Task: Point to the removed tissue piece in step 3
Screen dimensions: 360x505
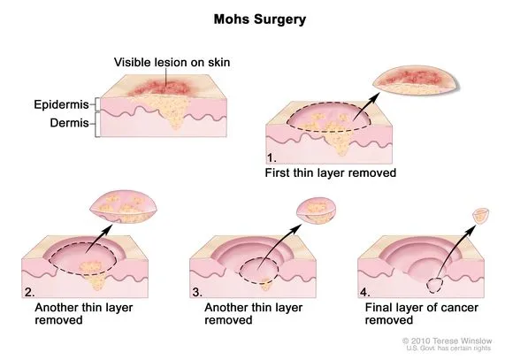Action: coord(317,211)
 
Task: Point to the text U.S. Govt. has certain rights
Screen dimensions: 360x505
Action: coord(452,349)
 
